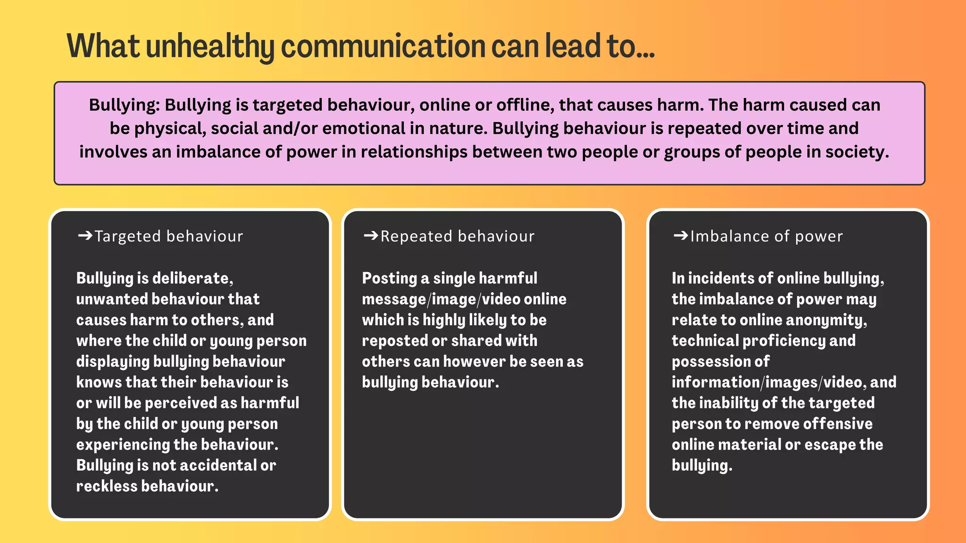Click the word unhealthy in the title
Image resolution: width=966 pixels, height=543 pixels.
point(210,47)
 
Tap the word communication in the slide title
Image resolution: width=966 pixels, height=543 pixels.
point(383,47)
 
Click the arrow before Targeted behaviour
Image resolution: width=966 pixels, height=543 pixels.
point(85,236)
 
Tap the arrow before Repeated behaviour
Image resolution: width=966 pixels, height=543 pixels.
point(371,236)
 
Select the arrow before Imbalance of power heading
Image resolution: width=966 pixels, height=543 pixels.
point(681,236)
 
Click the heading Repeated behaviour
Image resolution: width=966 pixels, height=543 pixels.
point(458,236)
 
